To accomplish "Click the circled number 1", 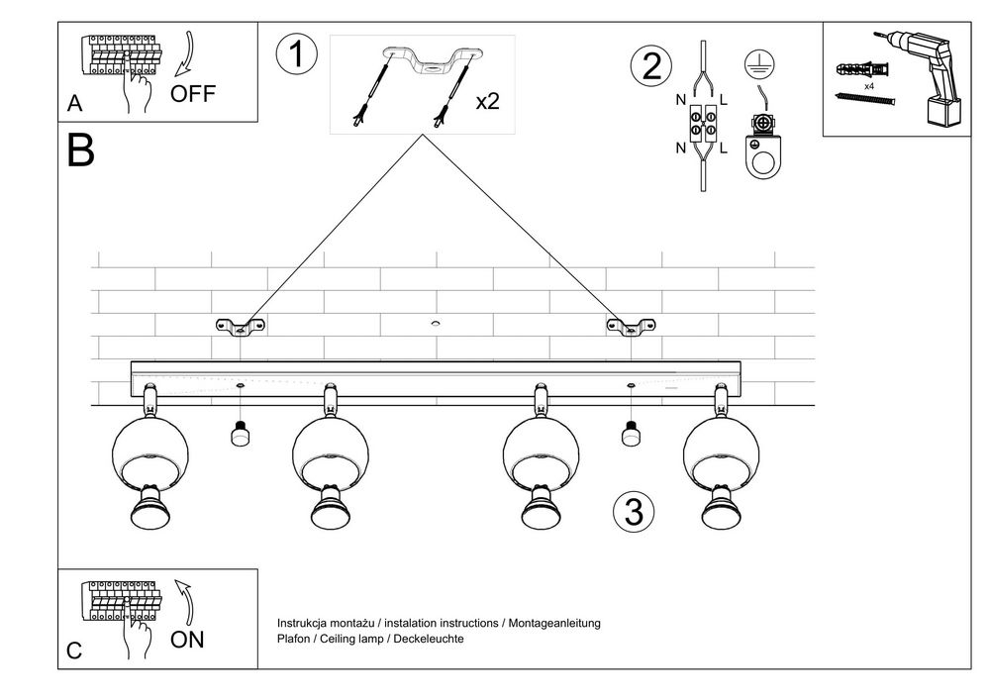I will click(297, 54).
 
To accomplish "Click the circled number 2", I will click(650, 66).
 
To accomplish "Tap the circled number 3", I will click(634, 511).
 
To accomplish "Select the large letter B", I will click(81, 151).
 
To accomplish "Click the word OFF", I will click(192, 95).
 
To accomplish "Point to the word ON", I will click(187, 640).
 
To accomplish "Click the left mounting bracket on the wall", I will click(242, 326).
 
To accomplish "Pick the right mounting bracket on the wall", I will click(631, 326).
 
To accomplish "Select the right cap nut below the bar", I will click(628, 434).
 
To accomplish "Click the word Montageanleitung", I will click(553, 623).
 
